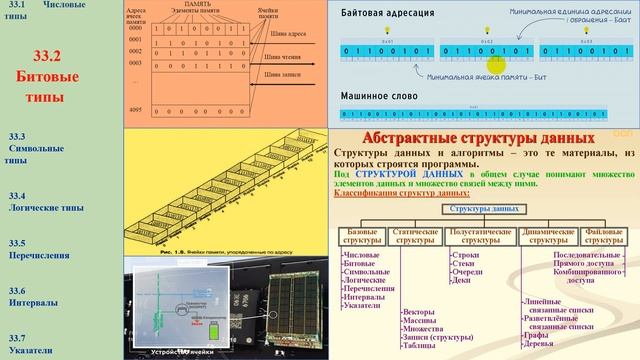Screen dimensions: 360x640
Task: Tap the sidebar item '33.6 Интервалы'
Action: (x=45, y=294)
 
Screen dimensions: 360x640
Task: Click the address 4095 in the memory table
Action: (x=137, y=109)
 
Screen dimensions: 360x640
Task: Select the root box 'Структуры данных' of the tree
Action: (x=485, y=209)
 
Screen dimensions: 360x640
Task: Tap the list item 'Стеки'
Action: (x=466, y=263)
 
